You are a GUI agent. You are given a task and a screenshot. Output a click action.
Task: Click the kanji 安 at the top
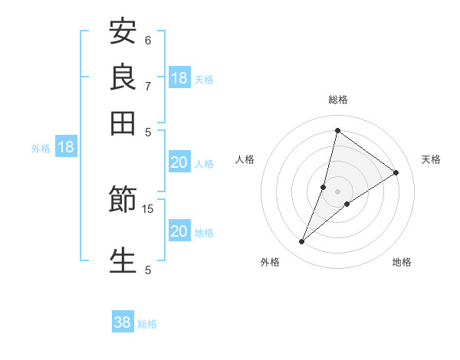pos(123,32)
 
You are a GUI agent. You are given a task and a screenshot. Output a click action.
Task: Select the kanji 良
pos(123,77)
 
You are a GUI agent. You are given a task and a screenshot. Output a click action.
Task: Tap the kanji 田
pos(123,123)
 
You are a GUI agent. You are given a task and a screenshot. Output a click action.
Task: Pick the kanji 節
pos(123,201)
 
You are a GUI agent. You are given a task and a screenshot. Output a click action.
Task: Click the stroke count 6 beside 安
pos(148,40)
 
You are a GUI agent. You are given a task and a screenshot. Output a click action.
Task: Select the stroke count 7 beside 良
pos(148,85)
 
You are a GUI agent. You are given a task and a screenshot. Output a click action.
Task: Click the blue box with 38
pos(123,322)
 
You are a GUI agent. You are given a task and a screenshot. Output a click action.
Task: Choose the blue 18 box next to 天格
pos(179,78)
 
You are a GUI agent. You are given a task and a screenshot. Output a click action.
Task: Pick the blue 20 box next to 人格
pos(179,162)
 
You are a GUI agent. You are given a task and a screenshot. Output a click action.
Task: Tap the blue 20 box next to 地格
pos(179,231)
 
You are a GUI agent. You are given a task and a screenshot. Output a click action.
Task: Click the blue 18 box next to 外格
pos(66,147)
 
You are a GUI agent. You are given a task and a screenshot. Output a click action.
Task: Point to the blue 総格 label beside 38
pos(147,324)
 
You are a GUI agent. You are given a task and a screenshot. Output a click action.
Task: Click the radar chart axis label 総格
pos(337,100)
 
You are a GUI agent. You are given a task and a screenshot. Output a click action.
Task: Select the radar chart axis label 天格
pos(431,159)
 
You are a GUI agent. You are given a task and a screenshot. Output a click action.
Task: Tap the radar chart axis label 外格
pos(270,262)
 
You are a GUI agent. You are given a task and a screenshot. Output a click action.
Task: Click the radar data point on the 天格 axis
pos(396,172)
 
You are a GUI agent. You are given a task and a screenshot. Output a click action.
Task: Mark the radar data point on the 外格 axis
pos(302,242)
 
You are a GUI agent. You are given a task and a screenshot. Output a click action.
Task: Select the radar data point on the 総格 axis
pos(337,130)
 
